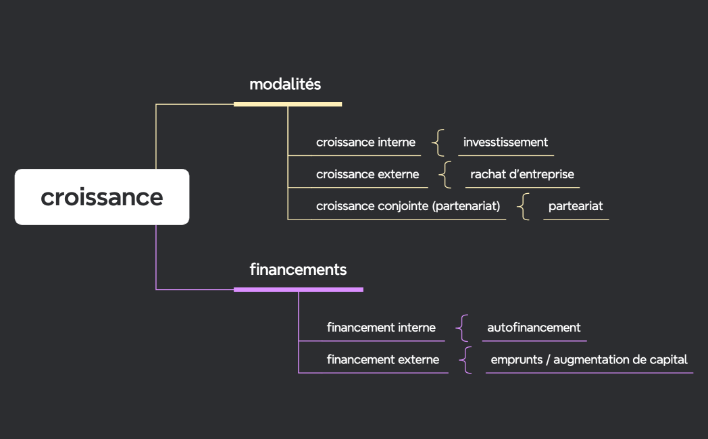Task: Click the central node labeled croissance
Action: [x=102, y=197]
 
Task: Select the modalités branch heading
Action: [x=285, y=84]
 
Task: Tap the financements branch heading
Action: [x=298, y=269]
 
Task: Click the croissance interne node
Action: [x=365, y=143]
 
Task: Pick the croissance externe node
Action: [x=368, y=174]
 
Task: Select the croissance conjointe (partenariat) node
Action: [x=408, y=206]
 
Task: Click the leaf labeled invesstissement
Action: [x=505, y=143]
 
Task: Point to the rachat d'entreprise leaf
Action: [x=522, y=174]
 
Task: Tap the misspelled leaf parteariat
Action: [x=576, y=206]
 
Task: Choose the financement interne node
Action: [x=381, y=328]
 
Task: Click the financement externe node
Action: [x=382, y=359]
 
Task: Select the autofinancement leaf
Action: [x=534, y=328]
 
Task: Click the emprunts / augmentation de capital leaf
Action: [x=588, y=359]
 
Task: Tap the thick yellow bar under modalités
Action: [x=288, y=104]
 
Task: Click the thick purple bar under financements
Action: [x=298, y=289]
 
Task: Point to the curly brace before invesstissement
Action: [x=439, y=143]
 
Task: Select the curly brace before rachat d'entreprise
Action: [x=445, y=174]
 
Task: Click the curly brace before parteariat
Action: [x=524, y=206]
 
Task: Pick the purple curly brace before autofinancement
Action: [x=462, y=328]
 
